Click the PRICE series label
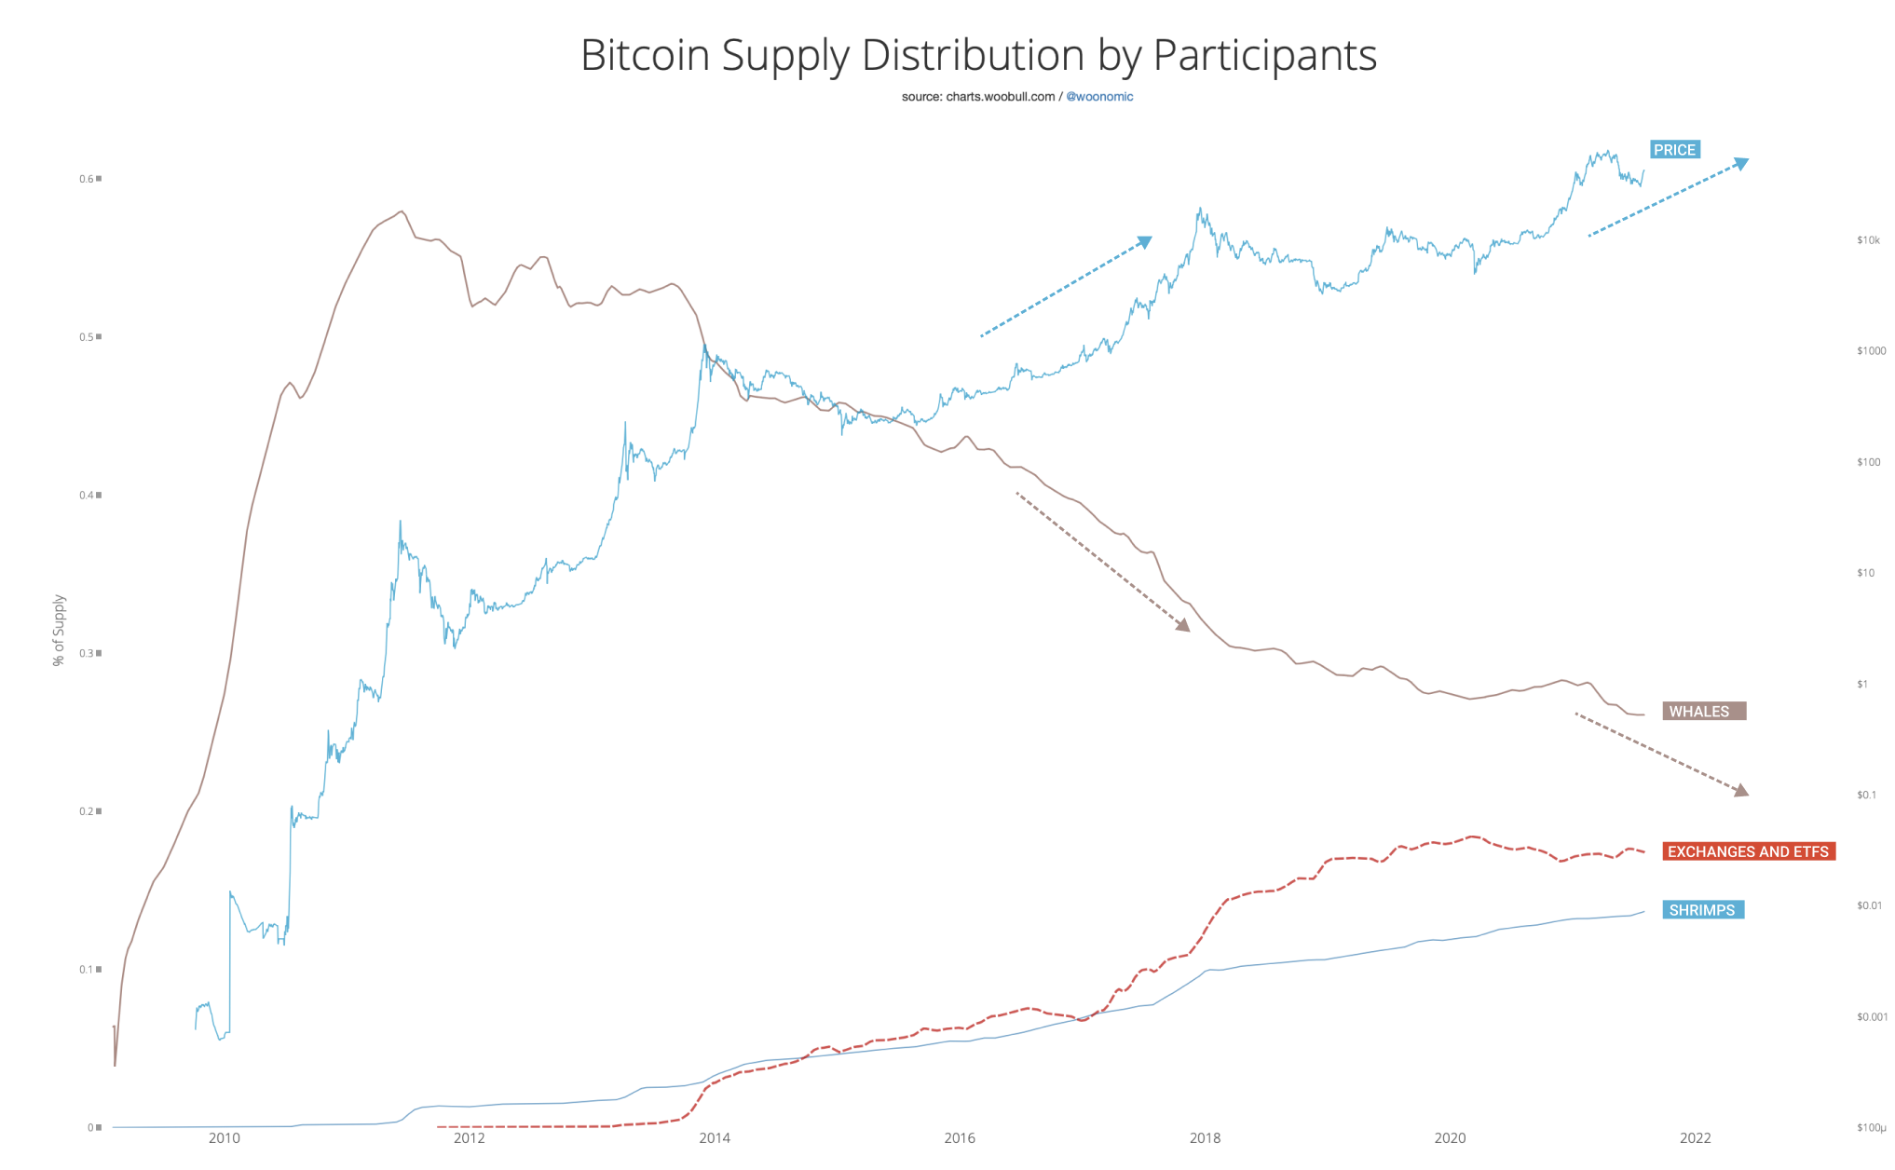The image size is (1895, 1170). [1674, 150]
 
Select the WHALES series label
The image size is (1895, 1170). [1703, 712]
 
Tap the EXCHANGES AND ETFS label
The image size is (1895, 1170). [1748, 851]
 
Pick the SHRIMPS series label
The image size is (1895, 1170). [1702, 910]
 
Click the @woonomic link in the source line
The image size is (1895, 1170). [1099, 97]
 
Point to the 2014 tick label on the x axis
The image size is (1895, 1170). [715, 1137]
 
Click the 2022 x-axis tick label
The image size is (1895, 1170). [1695, 1137]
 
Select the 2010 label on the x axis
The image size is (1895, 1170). [225, 1137]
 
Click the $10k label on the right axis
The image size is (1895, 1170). [1868, 240]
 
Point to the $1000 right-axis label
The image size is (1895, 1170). [1871, 351]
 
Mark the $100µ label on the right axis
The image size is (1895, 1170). [1871, 1128]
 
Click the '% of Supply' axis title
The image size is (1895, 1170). [59, 631]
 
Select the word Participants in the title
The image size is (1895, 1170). [1264, 55]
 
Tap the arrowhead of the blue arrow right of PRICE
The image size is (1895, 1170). [1740, 164]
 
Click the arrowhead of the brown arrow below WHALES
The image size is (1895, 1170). [1740, 791]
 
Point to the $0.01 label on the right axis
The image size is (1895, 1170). [1869, 905]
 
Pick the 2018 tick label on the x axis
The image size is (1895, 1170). [1205, 1137]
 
